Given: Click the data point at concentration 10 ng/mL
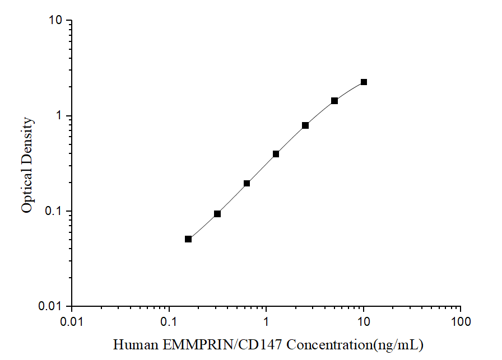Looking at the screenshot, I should coord(364,82).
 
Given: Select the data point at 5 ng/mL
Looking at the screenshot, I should coord(334,101).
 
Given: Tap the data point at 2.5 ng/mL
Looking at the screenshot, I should coord(305,125).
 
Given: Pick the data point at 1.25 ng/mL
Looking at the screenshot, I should coord(276,153).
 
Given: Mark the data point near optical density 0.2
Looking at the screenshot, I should coord(247,183).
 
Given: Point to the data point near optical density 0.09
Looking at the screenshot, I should coord(217,214).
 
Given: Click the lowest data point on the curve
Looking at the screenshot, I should coord(188,239).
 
